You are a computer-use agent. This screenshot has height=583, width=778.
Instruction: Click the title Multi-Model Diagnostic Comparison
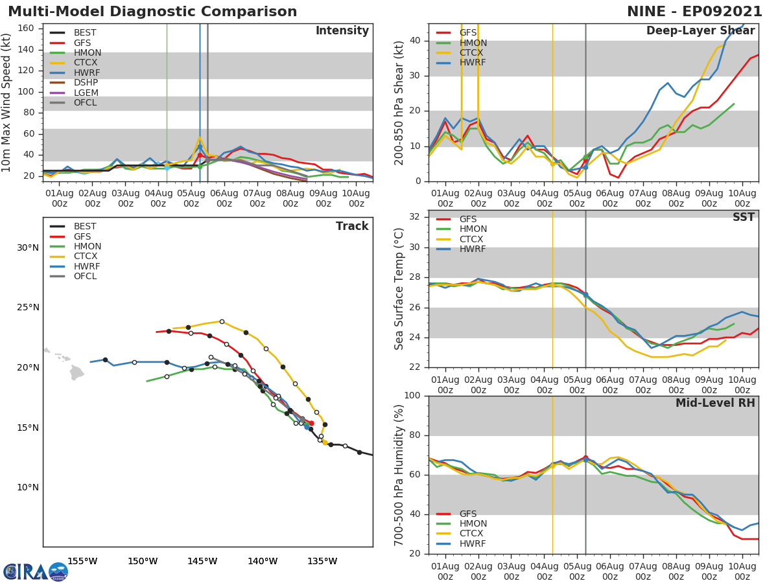(152, 12)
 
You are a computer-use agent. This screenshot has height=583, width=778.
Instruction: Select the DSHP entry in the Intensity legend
(85, 82)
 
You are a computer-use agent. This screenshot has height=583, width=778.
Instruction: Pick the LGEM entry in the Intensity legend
(86, 93)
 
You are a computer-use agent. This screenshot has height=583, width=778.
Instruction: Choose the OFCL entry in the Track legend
(85, 276)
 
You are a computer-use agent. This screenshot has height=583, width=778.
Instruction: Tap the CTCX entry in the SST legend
(472, 239)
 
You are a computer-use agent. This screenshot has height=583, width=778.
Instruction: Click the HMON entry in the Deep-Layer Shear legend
(473, 43)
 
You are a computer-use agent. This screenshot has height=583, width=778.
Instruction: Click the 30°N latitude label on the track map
(27, 247)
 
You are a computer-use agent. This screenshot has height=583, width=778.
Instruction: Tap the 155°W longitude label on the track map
(82, 561)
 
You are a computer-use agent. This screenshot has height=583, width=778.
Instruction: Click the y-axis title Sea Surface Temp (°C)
(399, 289)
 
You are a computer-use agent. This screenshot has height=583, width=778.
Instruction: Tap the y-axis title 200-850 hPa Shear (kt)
(399, 102)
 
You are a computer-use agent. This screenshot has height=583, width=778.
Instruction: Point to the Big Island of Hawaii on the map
(77, 372)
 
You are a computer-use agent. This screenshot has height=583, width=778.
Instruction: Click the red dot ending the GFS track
(311, 423)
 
